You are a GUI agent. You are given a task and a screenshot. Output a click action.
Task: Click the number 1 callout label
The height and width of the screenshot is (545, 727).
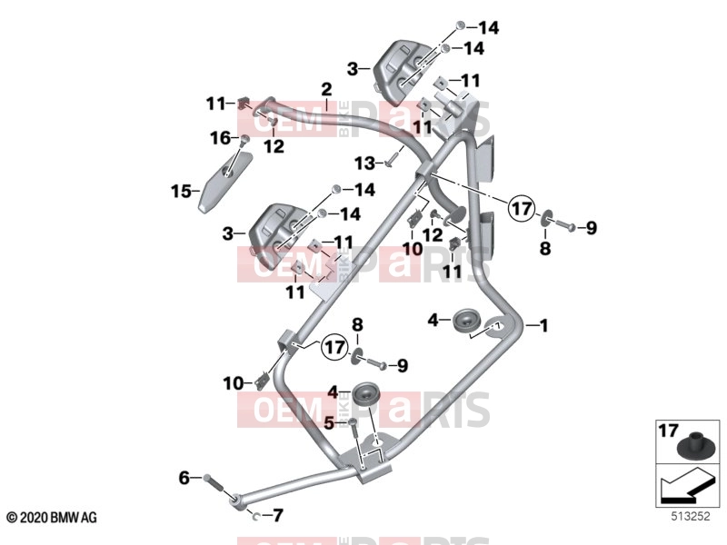tap(543, 325)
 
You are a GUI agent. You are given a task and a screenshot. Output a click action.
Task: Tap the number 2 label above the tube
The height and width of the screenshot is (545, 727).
tap(326, 90)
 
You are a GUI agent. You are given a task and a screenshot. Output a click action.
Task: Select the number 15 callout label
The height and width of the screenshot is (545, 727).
tap(181, 191)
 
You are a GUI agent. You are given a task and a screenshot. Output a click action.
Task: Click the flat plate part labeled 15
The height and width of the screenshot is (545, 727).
tap(224, 181)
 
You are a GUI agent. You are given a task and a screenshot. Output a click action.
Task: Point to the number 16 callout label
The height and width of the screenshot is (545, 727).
tap(220, 138)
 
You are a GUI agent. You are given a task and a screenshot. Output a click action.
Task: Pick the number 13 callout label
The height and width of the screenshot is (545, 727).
tap(364, 163)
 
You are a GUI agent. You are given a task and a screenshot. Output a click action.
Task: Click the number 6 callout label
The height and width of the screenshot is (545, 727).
tap(184, 478)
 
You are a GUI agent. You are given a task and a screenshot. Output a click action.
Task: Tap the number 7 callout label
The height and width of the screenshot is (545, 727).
tap(277, 515)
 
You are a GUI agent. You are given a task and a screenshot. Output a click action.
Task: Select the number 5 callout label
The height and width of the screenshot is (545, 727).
tap(329, 422)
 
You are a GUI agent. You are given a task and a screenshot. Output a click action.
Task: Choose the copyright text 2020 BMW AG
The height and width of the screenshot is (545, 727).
tap(52, 517)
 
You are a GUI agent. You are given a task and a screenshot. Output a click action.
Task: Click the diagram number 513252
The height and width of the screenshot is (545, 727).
tap(691, 516)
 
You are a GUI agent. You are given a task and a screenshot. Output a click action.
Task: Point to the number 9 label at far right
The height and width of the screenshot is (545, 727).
tap(592, 228)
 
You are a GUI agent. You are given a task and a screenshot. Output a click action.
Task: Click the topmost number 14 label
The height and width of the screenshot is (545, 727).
tap(489, 28)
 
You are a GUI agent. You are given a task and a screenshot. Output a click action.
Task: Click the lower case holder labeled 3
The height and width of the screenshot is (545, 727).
tap(277, 237)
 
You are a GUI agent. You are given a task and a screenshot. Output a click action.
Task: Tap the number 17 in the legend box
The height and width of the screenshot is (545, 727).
tap(668, 431)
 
